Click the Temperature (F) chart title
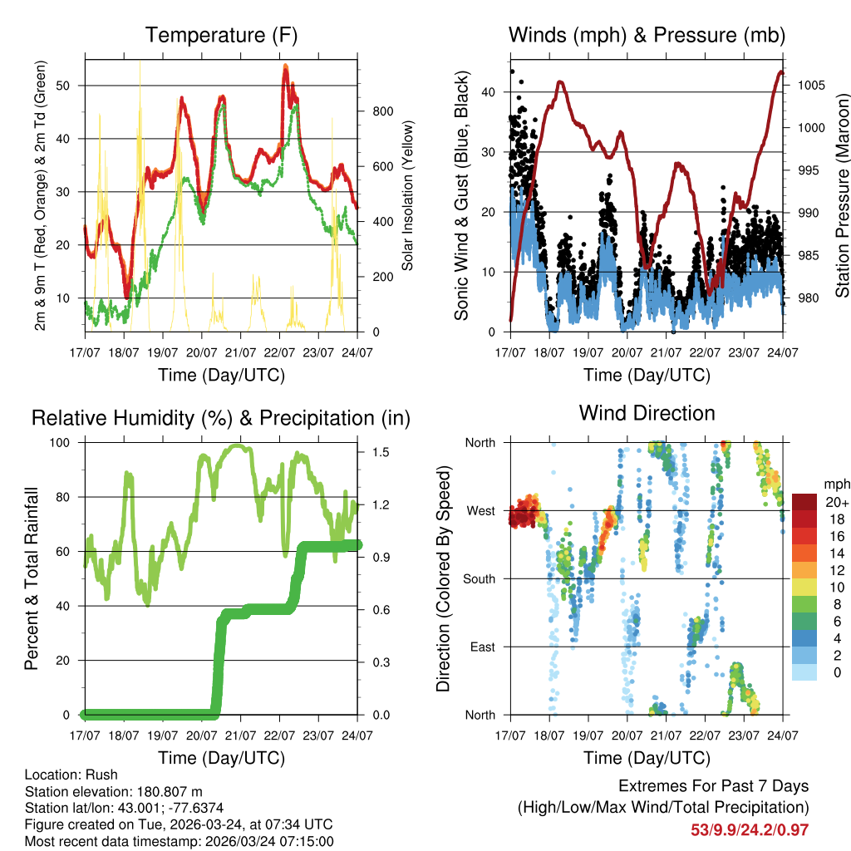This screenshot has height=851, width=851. coord(221,36)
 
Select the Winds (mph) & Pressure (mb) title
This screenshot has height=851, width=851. coord(647,36)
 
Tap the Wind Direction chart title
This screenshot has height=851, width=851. coord(647,413)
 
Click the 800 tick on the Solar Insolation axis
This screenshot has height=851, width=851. coord(373,111)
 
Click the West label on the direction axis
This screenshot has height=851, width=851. coord(481,510)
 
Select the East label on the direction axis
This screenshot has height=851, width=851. coord(482,647)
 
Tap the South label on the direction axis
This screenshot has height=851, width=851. coord(480,578)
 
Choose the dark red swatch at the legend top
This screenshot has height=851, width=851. coord(805,501)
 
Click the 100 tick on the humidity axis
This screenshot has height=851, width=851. coord(66,442)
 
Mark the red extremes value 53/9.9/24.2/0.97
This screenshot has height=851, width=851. coord(750,829)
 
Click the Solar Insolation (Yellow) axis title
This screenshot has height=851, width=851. coord(408,195)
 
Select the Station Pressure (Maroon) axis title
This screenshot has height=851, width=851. coord(842,195)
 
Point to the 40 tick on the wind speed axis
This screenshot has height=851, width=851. coord(490,92)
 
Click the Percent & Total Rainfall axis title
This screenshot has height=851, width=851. coord(32,578)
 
